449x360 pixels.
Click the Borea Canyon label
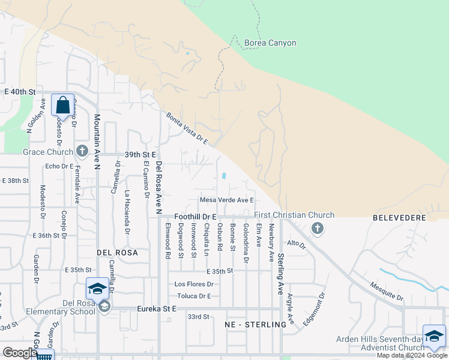pyautogui.click(x=270, y=43)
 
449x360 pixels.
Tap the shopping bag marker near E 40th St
pyautogui.click(x=63, y=106)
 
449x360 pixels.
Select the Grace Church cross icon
pyautogui.click(x=82, y=152)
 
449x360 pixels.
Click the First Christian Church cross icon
pyautogui.click(x=318, y=227)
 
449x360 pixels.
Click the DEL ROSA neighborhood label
pyautogui.click(x=117, y=253)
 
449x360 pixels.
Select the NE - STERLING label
pyautogui.click(x=255, y=325)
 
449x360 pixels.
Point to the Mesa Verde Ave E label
pyautogui.click(x=227, y=200)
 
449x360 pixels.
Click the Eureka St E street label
pyautogui.click(x=157, y=308)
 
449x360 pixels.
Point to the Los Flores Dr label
pyautogui.click(x=194, y=284)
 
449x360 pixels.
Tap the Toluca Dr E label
pyautogui.click(x=194, y=296)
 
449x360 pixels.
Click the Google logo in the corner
pyautogui.click(x=20, y=353)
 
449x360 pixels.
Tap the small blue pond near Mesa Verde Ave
pyautogui.click(x=224, y=176)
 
